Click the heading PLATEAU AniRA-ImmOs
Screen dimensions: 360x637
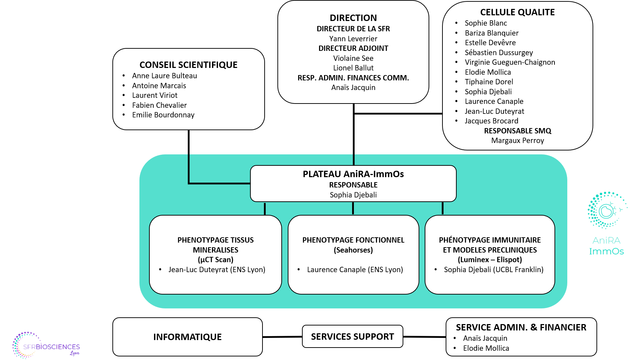(353, 174)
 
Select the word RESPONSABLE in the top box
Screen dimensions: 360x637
(353, 185)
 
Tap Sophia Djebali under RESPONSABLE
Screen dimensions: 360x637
(353, 195)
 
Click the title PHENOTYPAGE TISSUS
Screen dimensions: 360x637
(216, 240)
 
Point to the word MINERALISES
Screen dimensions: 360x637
(216, 250)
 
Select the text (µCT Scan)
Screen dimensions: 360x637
(216, 260)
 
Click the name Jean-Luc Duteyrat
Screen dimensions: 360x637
(198, 270)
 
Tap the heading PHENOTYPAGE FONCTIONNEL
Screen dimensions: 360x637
(353, 240)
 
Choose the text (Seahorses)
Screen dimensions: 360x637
(353, 250)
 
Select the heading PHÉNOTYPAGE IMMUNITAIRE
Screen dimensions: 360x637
(490, 240)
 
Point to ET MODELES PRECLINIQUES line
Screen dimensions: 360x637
(490, 250)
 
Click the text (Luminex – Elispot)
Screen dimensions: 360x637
(490, 260)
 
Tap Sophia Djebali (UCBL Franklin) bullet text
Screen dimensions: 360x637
(494, 270)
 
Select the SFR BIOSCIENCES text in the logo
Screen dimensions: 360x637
(52, 347)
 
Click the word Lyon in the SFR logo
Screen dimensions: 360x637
(75, 353)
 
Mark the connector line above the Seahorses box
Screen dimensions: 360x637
(353, 208)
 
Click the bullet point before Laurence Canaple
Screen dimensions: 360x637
(299, 270)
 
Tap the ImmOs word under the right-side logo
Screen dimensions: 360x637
(606, 252)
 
